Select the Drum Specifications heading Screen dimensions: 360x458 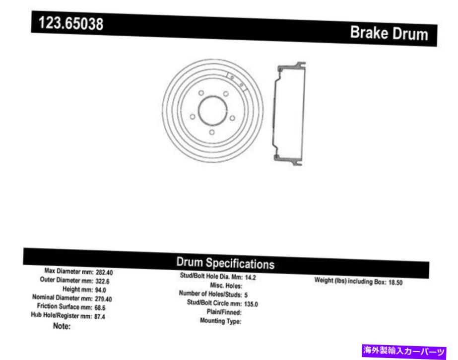[225, 263]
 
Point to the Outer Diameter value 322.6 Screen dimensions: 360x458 [103, 281]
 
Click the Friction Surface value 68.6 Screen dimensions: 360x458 [101, 307]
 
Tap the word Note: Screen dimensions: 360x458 [62, 326]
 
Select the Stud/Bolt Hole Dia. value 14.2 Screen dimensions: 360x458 [251, 278]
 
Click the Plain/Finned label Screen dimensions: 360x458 [224, 312]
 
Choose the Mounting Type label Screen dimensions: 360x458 [220, 321]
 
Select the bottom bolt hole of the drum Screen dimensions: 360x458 [212, 132]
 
